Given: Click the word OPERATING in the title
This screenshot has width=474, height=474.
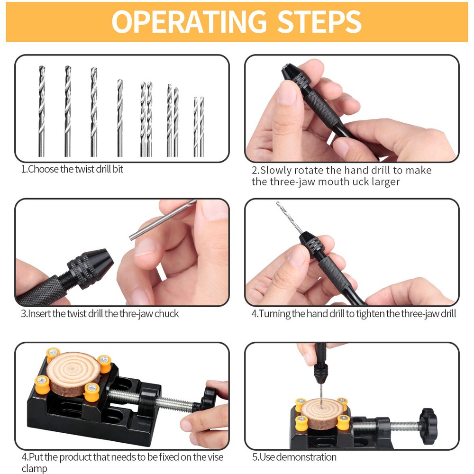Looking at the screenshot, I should point(186,22).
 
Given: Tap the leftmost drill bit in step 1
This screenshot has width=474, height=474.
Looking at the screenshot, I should point(42,111).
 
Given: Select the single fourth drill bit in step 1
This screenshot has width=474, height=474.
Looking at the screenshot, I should point(120,118).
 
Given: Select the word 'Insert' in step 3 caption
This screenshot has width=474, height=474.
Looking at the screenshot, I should point(40,314).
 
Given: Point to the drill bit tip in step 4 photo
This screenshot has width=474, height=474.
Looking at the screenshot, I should point(279,204).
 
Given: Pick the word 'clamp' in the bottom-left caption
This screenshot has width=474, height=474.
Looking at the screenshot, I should point(34,469).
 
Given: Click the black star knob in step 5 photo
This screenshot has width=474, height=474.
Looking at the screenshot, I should point(428,425).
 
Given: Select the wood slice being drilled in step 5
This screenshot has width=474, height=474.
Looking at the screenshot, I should point(320,412).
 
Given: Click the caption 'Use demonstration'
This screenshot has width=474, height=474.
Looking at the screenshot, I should point(294,457).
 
